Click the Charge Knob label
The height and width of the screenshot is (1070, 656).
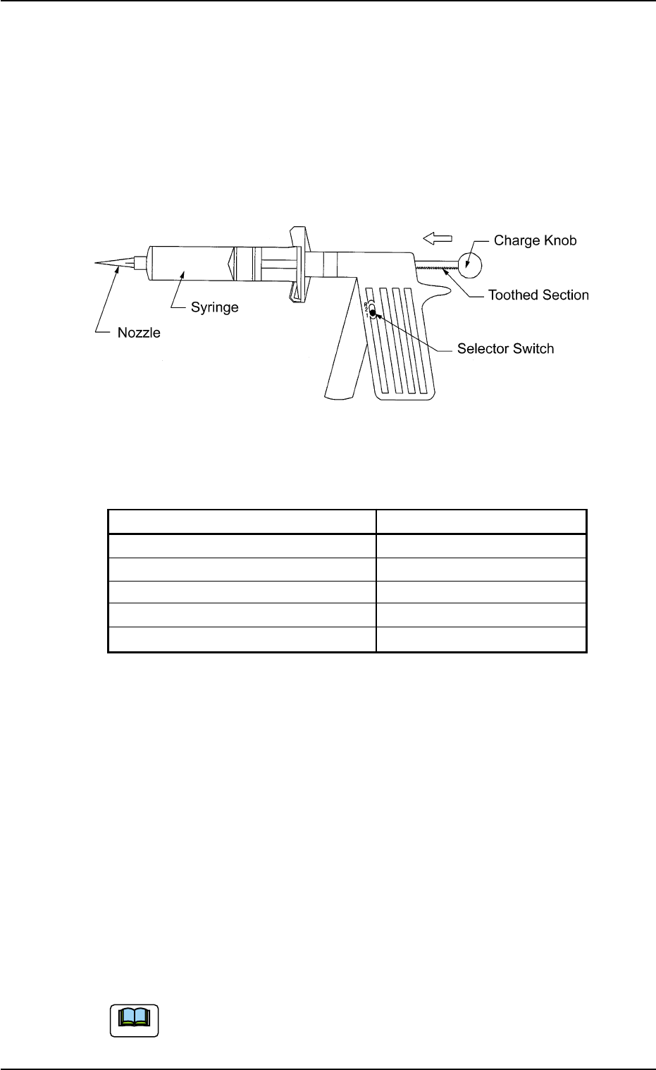coord(535,240)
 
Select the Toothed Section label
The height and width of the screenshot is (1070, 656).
coord(538,295)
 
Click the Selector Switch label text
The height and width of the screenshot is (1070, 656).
coord(505,348)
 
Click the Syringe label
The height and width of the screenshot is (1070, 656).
coord(215,307)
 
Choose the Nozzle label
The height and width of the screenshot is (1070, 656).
coord(139,332)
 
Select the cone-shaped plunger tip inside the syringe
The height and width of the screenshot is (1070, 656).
coord(230,264)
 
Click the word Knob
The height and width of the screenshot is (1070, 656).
coord(559,240)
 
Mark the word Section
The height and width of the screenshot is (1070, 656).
coord(564,295)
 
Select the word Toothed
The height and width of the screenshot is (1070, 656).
coord(512,295)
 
